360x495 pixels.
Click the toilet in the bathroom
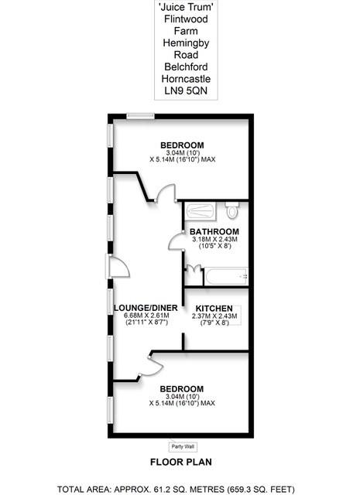coord(231,211)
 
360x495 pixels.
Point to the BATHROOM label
coord(214,231)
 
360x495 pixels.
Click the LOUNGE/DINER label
coord(146,307)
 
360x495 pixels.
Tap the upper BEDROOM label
coord(182,146)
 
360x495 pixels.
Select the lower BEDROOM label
coord(182,388)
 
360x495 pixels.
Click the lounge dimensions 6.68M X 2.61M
coord(146,316)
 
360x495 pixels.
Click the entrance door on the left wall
coord(117,268)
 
